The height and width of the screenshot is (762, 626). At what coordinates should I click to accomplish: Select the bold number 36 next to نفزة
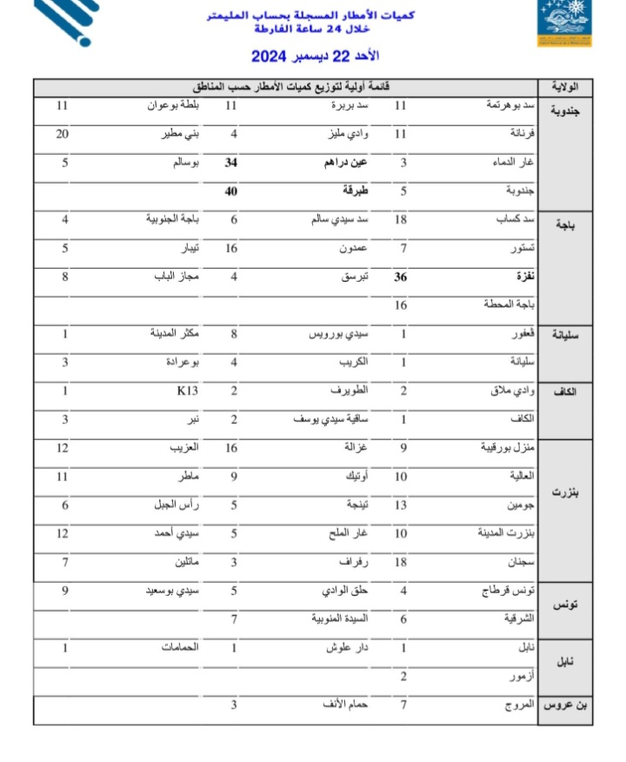tap(402, 277)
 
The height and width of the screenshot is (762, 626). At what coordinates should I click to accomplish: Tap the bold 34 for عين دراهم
tap(231, 163)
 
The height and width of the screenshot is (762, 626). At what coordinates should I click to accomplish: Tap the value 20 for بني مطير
tap(62, 134)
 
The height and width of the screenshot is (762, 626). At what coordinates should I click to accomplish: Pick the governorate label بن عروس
tap(566, 705)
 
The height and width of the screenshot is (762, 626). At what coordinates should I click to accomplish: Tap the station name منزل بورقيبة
tap(509, 448)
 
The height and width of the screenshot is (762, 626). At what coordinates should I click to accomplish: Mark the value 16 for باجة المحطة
tap(401, 305)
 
